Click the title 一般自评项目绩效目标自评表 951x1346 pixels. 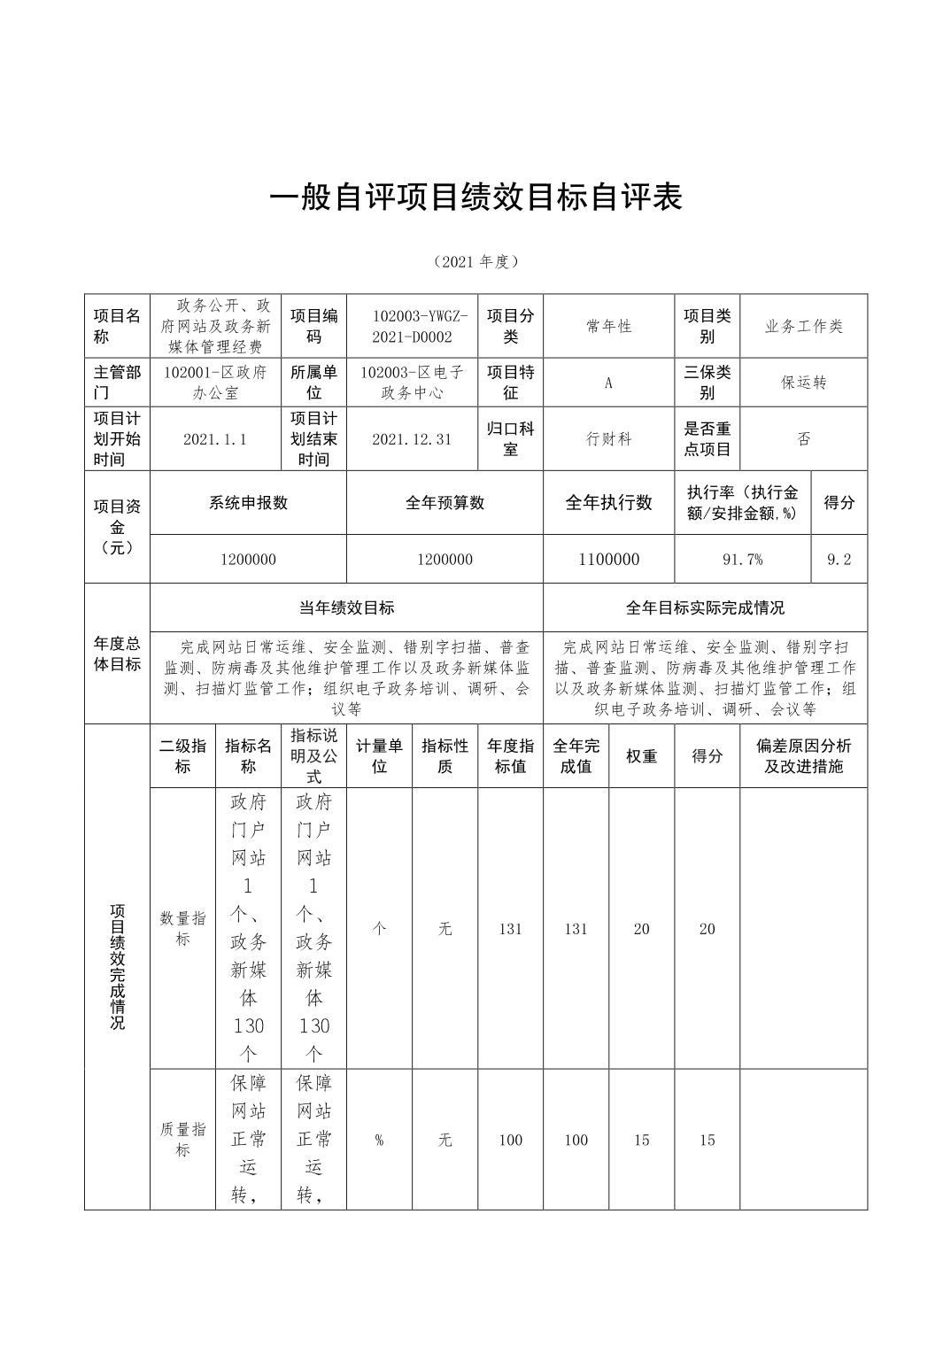[475, 197]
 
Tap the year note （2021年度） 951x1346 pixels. [475, 261]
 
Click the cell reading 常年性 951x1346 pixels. [608, 326]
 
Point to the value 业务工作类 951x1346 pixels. [803, 326]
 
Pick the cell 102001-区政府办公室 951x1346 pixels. [215, 383]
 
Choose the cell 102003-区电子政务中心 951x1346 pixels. [412, 383]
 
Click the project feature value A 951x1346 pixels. [608, 383]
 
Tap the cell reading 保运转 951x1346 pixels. [803, 383]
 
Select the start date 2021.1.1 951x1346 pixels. [215, 439]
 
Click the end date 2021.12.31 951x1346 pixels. [412, 439]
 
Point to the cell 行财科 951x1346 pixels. [608, 439]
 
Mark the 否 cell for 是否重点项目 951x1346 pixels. [803, 439]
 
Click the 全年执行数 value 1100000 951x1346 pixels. [608, 560]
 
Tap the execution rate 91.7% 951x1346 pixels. [743, 560]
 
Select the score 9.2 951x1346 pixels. [839, 560]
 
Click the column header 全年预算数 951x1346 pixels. [445, 503]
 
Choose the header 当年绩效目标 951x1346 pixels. [346, 607]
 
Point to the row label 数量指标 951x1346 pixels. [182, 928]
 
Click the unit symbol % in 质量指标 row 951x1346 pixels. [379, 1140]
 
